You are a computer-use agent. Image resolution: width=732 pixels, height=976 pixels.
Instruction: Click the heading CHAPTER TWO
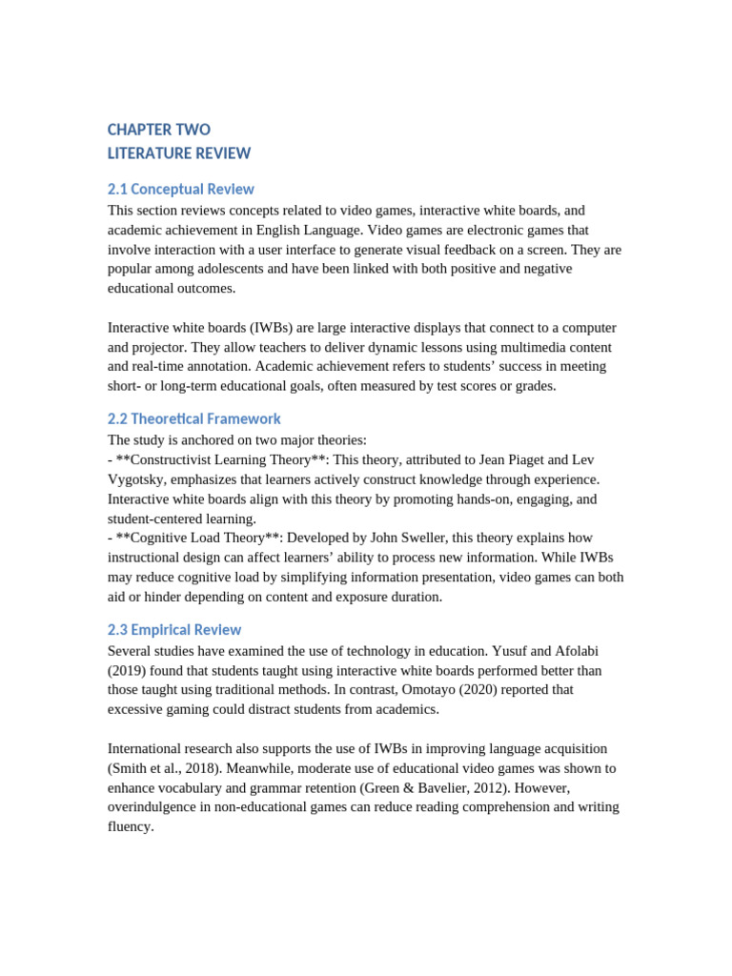pyautogui.click(x=159, y=130)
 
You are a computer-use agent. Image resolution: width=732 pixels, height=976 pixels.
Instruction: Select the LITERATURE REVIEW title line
pyautogui.click(x=179, y=153)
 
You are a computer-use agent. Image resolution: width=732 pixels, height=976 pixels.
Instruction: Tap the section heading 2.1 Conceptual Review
pyautogui.click(x=181, y=189)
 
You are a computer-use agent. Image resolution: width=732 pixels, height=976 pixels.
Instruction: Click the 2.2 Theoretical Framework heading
pyautogui.click(x=194, y=418)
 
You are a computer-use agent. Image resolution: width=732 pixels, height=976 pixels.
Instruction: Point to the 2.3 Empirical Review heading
pyautogui.click(x=174, y=629)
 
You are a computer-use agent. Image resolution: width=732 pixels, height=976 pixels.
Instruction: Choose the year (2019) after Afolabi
pyautogui.click(x=129, y=670)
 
